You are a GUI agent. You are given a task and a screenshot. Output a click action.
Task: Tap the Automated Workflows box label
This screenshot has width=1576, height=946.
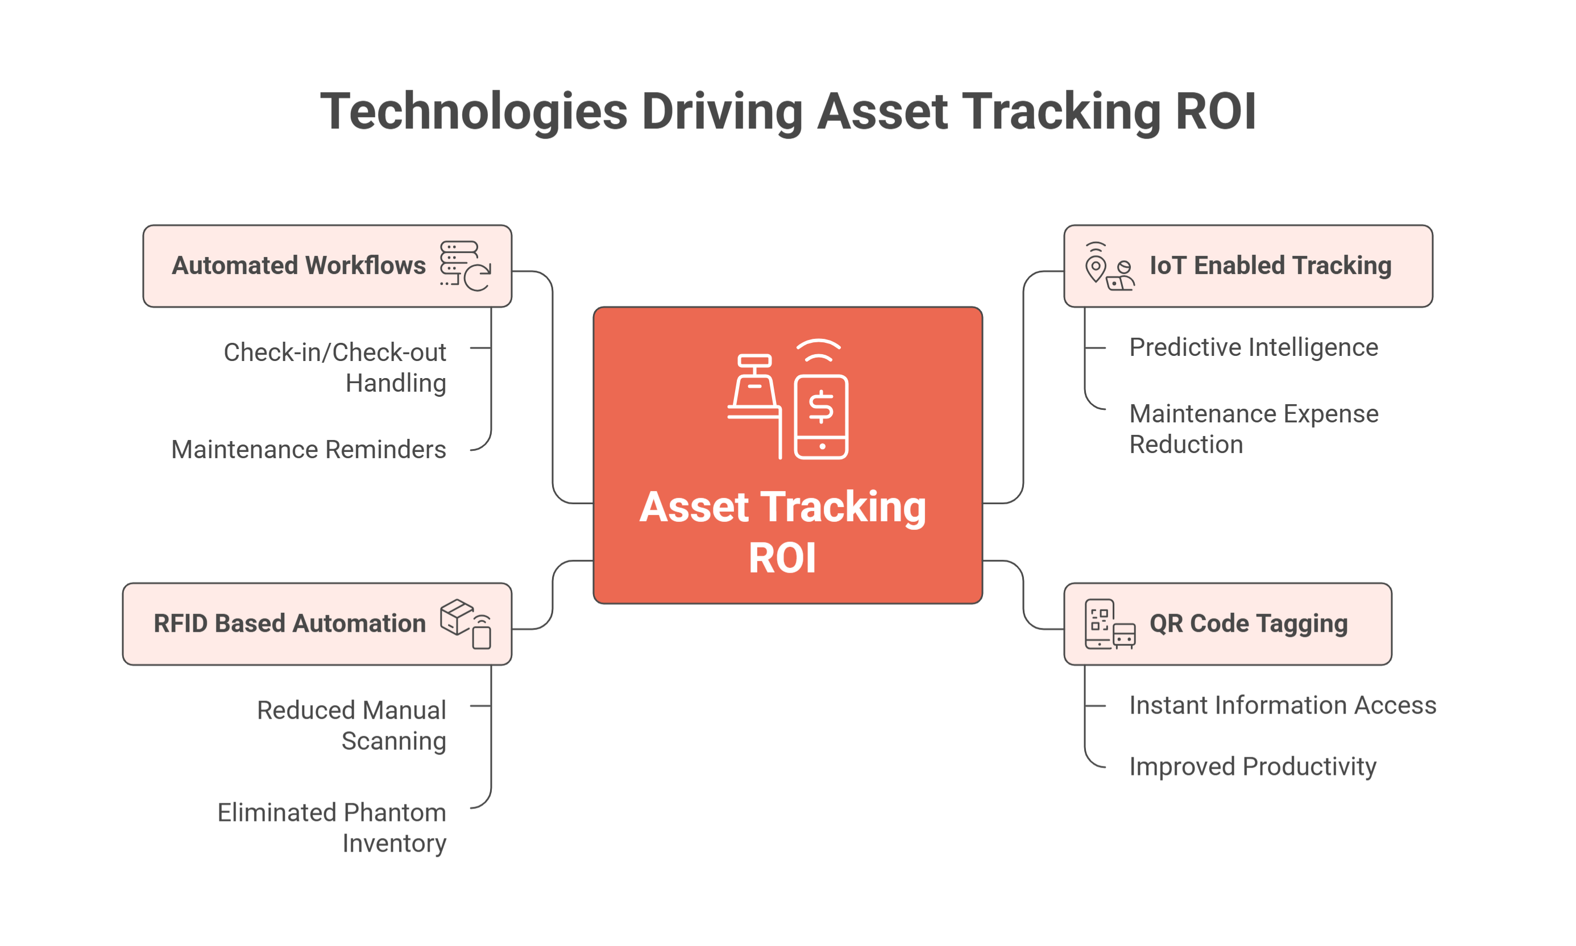pos(298,265)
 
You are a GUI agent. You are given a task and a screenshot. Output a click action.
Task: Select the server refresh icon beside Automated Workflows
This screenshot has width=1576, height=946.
pos(466,266)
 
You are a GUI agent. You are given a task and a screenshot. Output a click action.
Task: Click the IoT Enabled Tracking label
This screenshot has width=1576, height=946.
pos(1270,265)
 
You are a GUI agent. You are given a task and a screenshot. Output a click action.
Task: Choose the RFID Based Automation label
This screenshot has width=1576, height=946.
pos(289,624)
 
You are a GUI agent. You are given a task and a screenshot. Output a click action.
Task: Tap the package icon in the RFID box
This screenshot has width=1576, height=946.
pos(457,616)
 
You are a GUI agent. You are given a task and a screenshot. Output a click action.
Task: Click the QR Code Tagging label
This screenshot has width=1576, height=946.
pos(1249,624)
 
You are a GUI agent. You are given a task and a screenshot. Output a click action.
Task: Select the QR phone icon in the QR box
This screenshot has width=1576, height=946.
pos(1099,624)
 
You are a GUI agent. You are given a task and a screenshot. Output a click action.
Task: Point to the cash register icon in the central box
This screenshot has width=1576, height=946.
pos(756,395)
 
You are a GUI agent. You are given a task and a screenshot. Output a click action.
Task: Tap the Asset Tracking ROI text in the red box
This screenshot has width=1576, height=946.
pos(782,532)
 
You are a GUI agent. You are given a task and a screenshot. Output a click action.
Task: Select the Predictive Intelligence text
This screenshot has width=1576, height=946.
pos(1254,347)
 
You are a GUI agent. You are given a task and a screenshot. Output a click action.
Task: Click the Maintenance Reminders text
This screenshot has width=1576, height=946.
pos(309,450)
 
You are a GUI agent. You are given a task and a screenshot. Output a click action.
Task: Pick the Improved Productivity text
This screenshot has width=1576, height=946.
pos(1252,766)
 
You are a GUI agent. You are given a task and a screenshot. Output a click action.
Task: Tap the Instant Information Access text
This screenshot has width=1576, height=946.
pos(1282,705)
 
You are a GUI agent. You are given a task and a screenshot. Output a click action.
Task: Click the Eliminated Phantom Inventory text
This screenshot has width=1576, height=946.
pos(331,827)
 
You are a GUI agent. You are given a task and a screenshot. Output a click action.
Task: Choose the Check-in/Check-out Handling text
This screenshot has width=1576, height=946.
pos(335,367)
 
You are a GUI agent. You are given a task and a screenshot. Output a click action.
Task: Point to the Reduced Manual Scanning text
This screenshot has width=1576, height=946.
pos(351,725)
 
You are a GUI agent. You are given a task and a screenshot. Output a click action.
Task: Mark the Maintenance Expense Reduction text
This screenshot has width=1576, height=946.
pos(1254,429)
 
